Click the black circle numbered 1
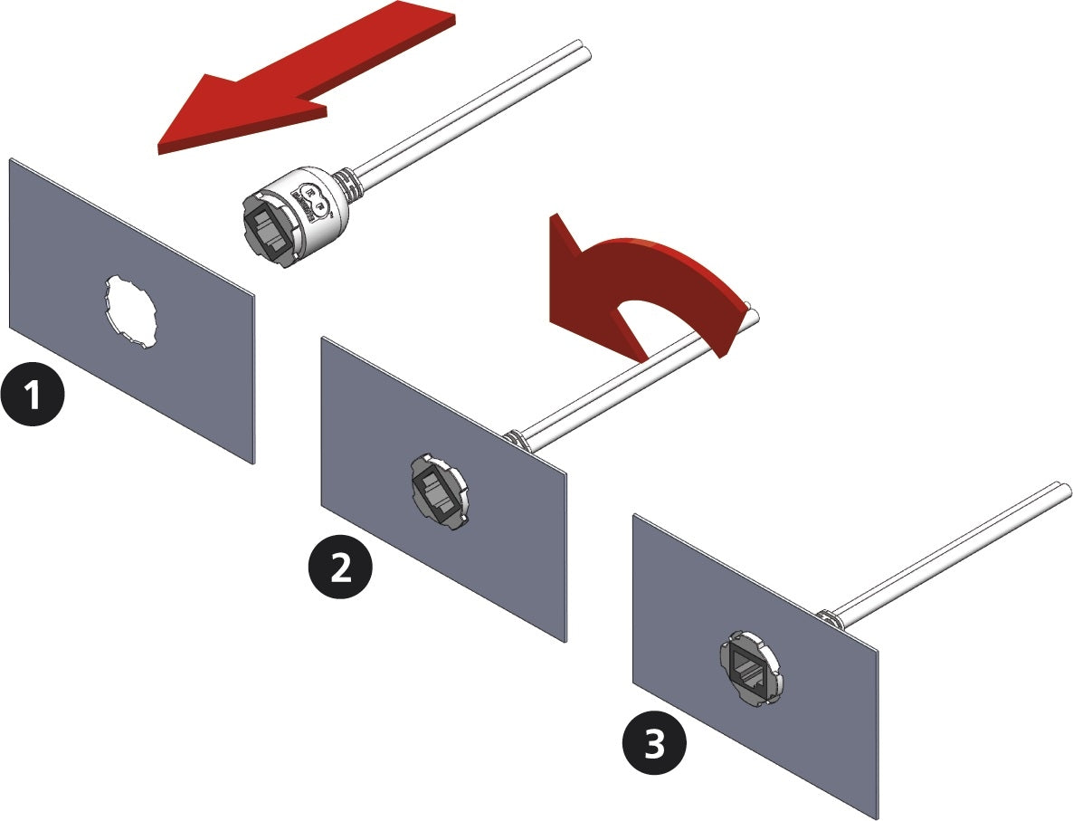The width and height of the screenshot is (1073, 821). (33, 396)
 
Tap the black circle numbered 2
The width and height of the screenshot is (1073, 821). (339, 568)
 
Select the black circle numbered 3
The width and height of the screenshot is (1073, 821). (654, 745)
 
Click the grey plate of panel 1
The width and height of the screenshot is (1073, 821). (63, 272)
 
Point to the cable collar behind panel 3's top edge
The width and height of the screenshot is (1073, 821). (828, 617)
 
